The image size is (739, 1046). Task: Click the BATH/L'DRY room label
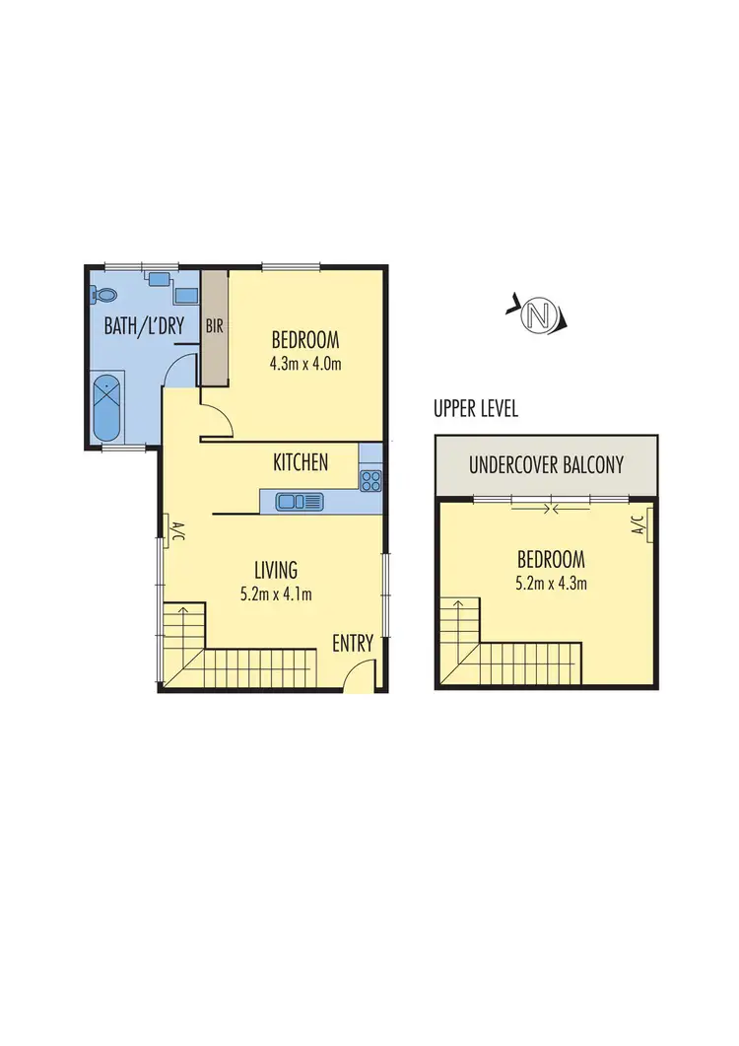[145, 326]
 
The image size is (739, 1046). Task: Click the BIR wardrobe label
[215, 326]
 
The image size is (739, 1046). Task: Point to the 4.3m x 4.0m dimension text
[305, 363]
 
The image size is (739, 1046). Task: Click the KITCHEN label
[301, 461]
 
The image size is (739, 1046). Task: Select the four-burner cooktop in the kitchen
[370, 481]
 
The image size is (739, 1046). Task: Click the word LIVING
[276, 570]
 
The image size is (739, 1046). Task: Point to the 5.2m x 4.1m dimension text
[276, 593]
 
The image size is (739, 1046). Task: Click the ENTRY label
[353, 645]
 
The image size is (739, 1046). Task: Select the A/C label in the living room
[170, 531]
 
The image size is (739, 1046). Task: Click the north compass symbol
[537, 315]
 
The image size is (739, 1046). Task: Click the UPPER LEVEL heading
[476, 409]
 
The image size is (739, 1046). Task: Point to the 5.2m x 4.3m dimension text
[551, 584]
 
